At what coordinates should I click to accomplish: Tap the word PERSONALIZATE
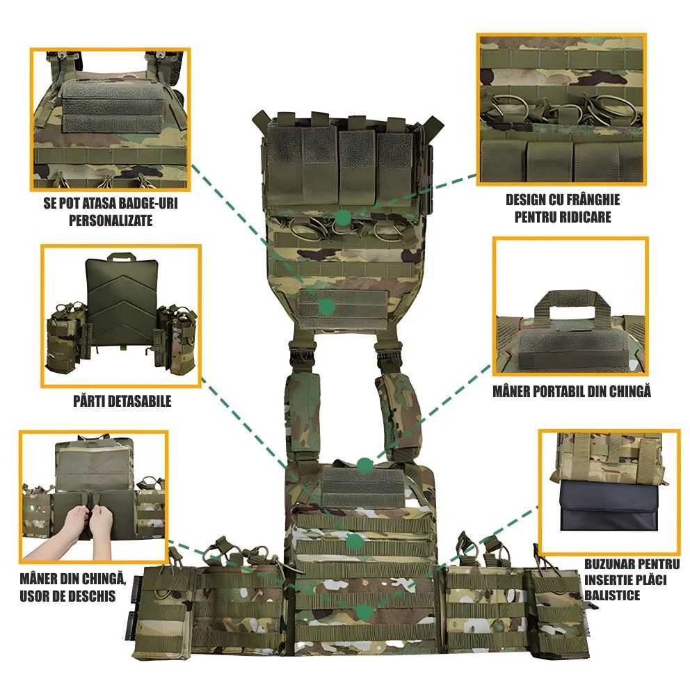click(x=111, y=220)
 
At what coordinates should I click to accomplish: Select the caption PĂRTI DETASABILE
click(x=122, y=401)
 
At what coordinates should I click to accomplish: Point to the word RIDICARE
click(x=585, y=217)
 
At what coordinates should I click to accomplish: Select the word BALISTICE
click(x=612, y=595)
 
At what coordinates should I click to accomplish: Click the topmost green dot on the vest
click(x=343, y=218)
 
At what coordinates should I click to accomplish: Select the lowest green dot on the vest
click(x=364, y=611)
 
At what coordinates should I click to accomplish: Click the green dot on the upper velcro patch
click(x=326, y=306)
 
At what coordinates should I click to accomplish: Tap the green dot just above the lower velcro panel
click(x=364, y=465)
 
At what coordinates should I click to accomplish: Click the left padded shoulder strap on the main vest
click(x=303, y=412)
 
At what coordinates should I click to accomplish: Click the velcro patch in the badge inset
click(x=112, y=108)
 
